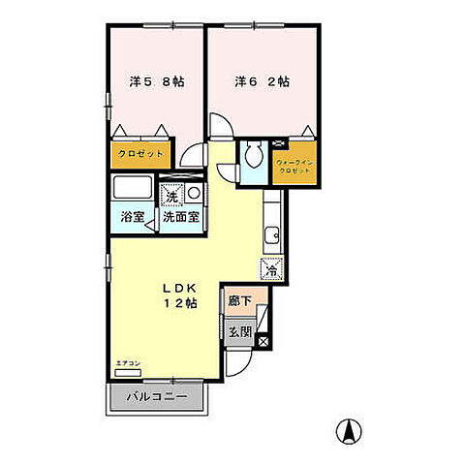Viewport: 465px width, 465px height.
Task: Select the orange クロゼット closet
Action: pyautogui.click(x=139, y=153)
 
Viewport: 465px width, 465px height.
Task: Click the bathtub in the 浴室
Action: pyautogui.click(x=131, y=188)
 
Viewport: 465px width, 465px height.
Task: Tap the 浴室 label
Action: pyautogui.click(x=132, y=217)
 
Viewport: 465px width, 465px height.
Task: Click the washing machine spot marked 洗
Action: pyautogui.click(x=171, y=195)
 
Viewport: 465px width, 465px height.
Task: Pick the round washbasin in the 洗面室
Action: pyautogui.click(x=194, y=194)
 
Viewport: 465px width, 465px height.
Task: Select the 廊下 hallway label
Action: pyautogui.click(x=238, y=302)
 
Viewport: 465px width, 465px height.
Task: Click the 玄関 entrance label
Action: pyautogui.click(x=239, y=331)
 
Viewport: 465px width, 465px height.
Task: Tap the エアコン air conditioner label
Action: pyautogui.click(x=126, y=362)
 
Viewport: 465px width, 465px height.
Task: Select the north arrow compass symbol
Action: pyautogui.click(x=346, y=429)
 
